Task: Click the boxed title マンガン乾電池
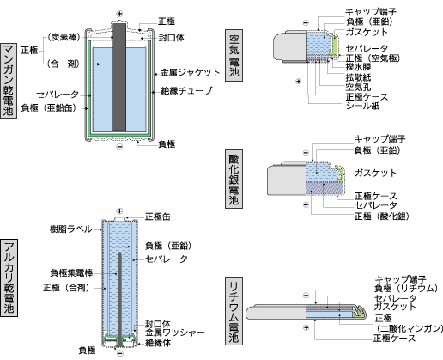(9, 81)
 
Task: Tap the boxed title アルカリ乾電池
(9, 278)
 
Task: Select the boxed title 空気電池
(234, 55)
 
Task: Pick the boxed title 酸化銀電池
(234, 179)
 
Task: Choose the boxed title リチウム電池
(234, 311)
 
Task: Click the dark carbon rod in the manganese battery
(119, 76)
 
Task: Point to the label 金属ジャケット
(190, 73)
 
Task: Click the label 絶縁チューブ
(186, 91)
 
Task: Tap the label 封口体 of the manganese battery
(172, 38)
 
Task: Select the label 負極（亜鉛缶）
(49, 107)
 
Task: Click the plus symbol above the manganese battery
(119, 14)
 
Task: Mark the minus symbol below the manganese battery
(119, 147)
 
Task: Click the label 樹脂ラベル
(71, 229)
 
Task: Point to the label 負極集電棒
(71, 273)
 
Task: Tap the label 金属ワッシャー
(175, 333)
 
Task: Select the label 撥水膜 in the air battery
(358, 67)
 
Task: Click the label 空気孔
(358, 87)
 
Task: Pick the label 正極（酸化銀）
(381, 217)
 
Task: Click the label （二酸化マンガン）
(410, 328)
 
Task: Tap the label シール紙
(362, 106)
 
